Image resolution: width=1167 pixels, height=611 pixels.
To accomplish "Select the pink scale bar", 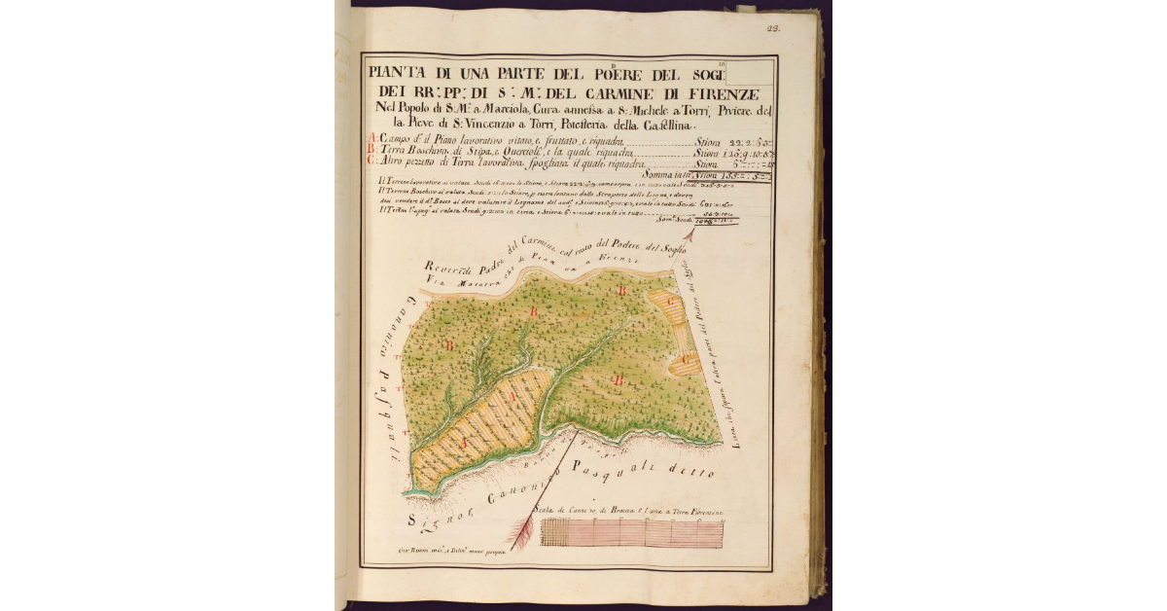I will [632, 534].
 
